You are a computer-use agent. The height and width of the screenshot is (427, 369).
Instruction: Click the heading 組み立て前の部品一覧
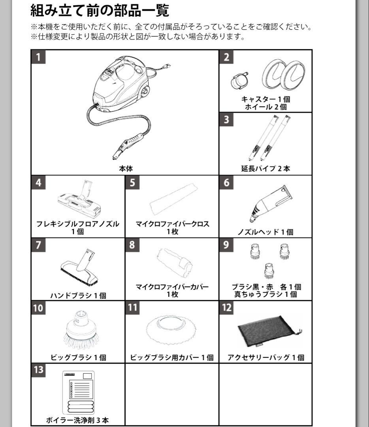[x=100, y=11]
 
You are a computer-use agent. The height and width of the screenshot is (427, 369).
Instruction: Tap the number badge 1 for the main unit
[x=38, y=57]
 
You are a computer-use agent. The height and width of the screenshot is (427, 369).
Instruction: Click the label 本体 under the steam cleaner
[x=126, y=168]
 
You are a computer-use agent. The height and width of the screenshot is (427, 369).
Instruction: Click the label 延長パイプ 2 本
[x=265, y=168]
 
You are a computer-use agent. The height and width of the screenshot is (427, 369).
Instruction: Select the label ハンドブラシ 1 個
[x=78, y=295]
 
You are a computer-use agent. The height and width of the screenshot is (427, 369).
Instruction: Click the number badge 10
[x=38, y=308]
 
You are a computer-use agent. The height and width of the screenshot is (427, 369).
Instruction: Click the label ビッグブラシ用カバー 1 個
[x=172, y=357]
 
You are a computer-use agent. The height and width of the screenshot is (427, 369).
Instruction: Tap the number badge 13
[x=38, y=370]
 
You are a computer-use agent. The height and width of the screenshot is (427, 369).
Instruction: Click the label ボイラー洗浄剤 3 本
[x=77, y=420]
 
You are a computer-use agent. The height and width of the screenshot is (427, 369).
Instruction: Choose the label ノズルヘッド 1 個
[x=265, y=232]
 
